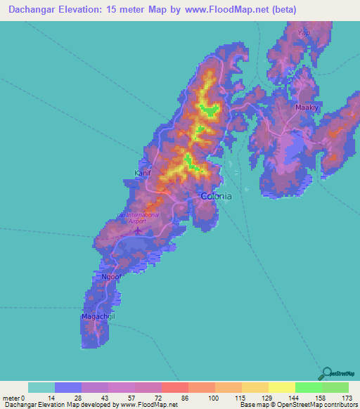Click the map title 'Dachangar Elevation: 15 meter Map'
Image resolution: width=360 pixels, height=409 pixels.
[x=91, y=10]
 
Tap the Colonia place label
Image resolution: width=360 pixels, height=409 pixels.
[x=216, y=196]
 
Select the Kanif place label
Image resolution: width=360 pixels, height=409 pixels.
[x=143, y=172]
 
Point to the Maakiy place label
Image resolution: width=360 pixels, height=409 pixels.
[x=307, y=108]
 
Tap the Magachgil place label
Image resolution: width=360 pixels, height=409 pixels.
[x=97, y=317]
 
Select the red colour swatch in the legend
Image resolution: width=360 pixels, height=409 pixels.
[x=174, y=387]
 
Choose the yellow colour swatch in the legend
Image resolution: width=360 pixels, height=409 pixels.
[x=281, y=387]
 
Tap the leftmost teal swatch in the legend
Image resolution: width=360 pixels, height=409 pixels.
[x=41, y=387]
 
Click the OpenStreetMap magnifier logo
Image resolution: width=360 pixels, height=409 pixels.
[x=326, y=372]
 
